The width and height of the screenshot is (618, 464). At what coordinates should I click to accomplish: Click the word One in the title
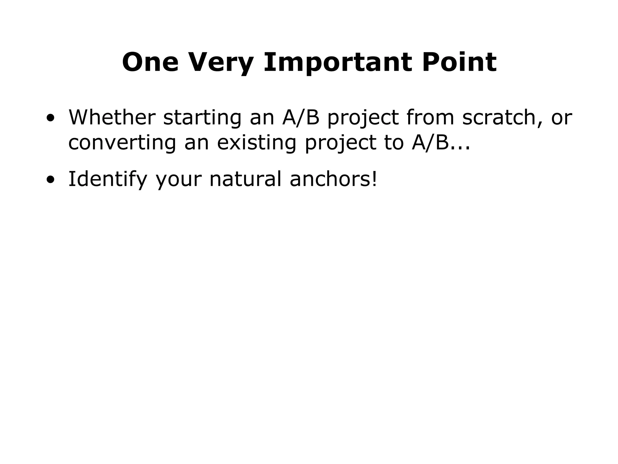tap(150, 62)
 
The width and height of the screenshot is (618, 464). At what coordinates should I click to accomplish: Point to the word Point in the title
tap(459, 62)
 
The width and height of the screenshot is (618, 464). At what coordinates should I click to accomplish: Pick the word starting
tap(202, 118)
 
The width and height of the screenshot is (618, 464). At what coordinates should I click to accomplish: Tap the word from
tap(430, 117)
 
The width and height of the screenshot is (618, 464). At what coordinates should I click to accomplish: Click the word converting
tap(122, 143)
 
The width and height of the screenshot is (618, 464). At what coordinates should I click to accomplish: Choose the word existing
tap(256, 143)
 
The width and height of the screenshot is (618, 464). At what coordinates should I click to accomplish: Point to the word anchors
tap(330, 179)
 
